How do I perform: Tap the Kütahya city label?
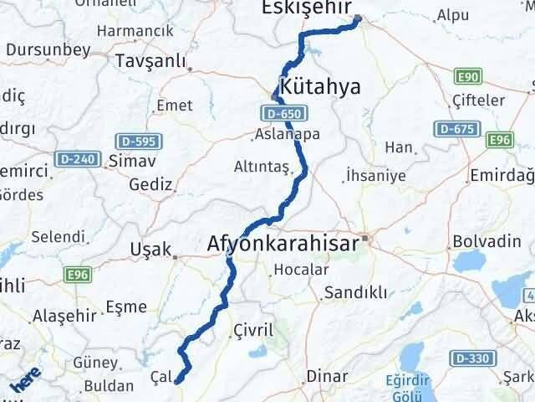pos(322,88)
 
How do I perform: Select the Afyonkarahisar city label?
pos(283,245)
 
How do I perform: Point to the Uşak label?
pos(150,249)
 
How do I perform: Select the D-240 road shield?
pos(79,157)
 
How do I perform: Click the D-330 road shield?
pos(470,358)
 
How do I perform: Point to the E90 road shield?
pos(468,78)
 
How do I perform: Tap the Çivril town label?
pos(254,329)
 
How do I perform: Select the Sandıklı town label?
pos(355,292)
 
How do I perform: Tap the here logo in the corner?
pos(23,384)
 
